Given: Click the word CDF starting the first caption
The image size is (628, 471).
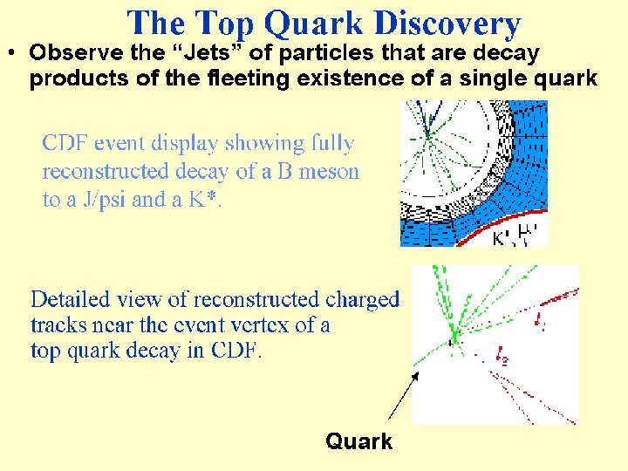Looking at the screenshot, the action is pos(63,143).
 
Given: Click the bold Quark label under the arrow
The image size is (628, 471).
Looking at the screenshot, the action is pos(358,441).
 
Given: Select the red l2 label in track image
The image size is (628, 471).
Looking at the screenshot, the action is pos(503,355).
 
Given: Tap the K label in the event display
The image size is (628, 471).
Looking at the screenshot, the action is pos(500,236).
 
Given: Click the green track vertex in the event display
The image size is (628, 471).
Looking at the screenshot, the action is pos(427,135).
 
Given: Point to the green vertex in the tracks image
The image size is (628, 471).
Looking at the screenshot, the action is pos(454,334).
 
